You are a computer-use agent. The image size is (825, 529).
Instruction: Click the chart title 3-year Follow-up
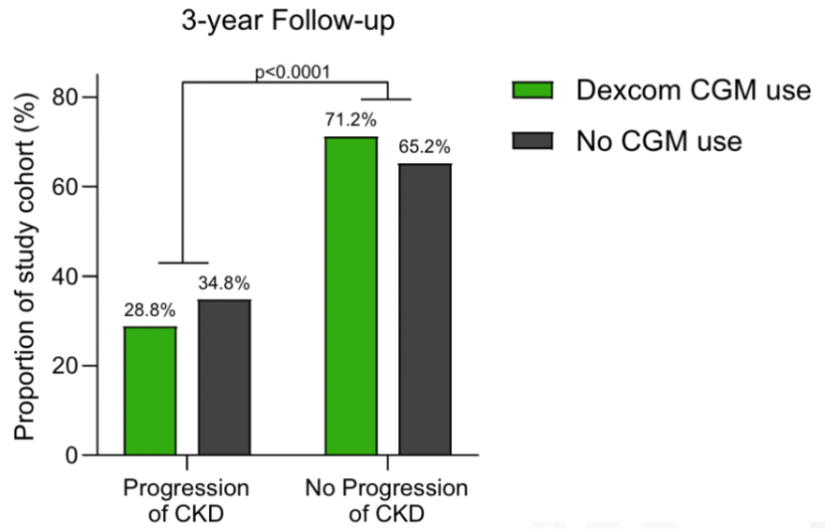(288, 22)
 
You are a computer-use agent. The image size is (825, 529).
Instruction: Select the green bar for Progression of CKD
(150, 391)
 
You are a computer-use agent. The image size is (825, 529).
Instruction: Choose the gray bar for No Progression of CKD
(425, 309)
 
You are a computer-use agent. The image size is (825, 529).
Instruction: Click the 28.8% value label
(149, 312)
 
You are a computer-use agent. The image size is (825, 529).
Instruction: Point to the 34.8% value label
(224, 283)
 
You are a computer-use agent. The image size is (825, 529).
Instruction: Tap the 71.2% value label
(351, 121)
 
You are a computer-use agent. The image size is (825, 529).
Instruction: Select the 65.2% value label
(425, 148)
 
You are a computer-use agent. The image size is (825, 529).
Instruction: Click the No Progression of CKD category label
(387, 500)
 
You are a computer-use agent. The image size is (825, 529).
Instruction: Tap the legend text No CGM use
(659, 141)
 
